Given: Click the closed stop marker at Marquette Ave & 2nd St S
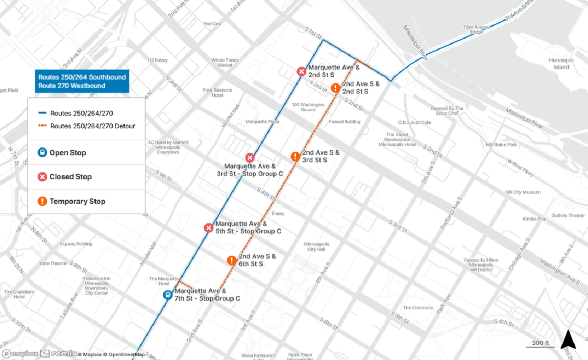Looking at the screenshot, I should pos(301,72).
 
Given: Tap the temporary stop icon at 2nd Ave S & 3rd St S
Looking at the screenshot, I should pos(295,157).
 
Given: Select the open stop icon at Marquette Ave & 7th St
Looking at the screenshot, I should pos(168,295).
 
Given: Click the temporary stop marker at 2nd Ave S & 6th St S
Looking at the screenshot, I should pos(232,261).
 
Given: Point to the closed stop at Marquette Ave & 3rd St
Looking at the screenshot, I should pos(250,158).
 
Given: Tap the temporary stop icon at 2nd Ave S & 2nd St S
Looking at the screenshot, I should pos(335,88).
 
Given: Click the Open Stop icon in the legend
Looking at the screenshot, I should pos(43,152).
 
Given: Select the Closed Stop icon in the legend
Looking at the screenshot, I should pos(43,177).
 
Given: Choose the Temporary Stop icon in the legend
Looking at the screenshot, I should pos(43,201).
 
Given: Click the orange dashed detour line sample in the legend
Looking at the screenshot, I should pos(42,126).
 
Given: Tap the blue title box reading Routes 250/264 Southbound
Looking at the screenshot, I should pos(82,81).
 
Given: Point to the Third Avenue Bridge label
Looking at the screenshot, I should pos(476,29).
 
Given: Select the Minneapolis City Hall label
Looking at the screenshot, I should pos(317,246).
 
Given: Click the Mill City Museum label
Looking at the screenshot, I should pos(523,192).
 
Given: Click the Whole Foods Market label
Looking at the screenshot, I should pos(225,63).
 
